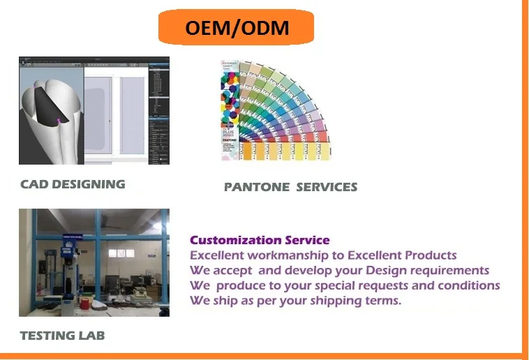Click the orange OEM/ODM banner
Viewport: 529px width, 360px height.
[235, 28]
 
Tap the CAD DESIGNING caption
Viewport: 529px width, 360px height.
[73, 184]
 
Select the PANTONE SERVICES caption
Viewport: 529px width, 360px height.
[290, 187]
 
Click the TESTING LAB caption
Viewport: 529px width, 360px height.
[62, 336]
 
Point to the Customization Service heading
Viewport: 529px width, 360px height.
[260, 240]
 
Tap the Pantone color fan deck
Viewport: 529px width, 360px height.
[279, 112]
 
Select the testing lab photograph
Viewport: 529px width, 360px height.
[94, 262]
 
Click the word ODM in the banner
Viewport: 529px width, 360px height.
[262, 28]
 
